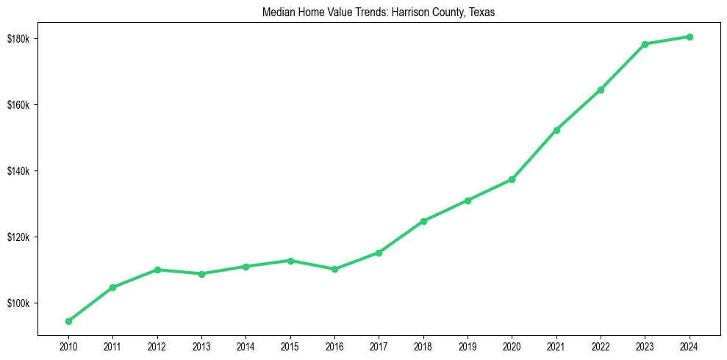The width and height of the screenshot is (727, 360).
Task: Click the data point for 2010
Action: point(68,321)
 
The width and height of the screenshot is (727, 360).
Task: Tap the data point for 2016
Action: point(334,269)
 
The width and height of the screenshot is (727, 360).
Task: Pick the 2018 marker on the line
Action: point(423,221)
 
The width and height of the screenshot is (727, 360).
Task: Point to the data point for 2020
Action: point(512,179)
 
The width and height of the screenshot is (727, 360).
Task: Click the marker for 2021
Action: point(556,130)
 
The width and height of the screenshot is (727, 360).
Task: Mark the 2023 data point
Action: point(645,44)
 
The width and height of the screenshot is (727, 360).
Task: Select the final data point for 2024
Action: point(690,37)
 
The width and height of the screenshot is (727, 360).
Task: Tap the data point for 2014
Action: point(246,267)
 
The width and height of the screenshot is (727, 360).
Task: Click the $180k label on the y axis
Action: point(18,38)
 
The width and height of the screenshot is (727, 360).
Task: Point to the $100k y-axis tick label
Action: point(18,303)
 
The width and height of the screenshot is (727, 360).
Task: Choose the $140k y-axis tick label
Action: point(18,171)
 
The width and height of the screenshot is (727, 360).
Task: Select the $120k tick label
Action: point(18,237)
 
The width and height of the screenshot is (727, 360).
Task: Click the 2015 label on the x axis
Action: point(290,345)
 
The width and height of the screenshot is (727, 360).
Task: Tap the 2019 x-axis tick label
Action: point(468,345)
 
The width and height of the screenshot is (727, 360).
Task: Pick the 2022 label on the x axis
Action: point(601,345)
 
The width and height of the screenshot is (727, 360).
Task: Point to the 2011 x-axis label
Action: point(112,345)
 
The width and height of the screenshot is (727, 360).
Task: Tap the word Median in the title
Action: point(276,12)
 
